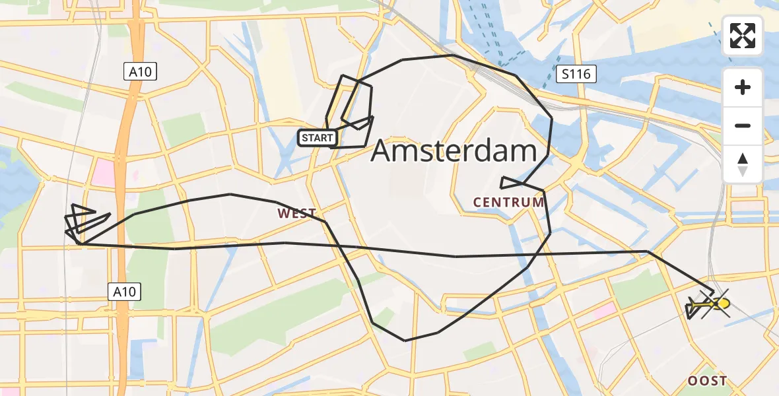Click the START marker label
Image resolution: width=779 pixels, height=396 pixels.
tap(318, 138)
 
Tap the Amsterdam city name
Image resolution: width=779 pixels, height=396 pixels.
tap(454, 151)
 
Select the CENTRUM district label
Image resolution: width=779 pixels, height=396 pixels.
tap(509, 203)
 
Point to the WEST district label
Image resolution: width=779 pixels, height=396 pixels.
tap(297, 213)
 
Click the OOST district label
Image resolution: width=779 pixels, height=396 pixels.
tap(708, 381)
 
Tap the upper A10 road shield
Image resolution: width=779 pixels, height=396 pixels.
tap(140, 72)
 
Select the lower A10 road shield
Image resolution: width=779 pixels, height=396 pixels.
tap(124, 291)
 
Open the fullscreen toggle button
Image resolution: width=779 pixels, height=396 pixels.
tap(743, 36)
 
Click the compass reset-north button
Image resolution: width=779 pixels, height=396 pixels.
tap(743, 164)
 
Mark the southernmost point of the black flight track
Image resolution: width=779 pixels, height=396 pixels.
tap(405, 341)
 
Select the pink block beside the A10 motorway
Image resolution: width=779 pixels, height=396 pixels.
tap(103, 173)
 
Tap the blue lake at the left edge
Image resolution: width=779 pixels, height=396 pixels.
tap(12, 178)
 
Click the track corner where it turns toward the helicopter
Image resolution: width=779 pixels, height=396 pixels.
tap(648, 251)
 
